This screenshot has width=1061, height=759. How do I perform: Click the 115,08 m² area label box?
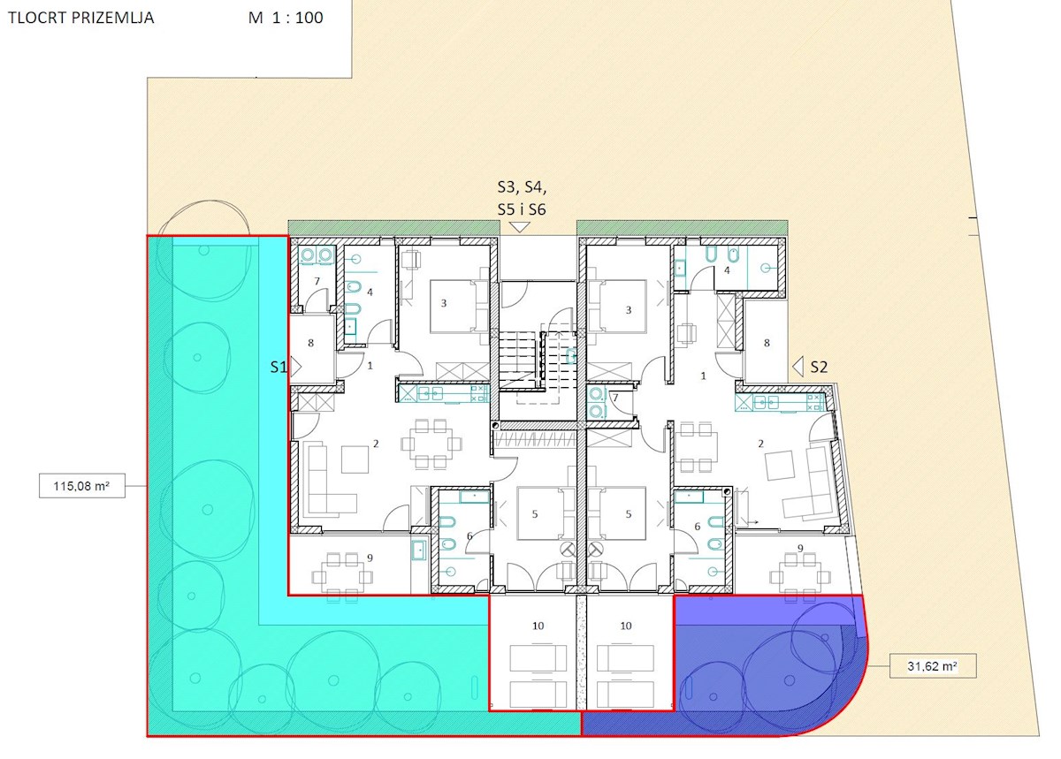(82, 486)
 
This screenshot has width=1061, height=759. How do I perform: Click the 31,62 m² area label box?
(933, 665)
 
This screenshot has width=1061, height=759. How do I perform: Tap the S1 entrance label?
(279, 367)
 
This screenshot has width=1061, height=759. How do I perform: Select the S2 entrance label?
(819, 367)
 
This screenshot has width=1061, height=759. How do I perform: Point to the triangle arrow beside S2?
(798, 367)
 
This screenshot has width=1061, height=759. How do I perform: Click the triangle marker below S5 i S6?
(519, 227)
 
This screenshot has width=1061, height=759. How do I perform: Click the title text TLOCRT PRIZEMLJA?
(81, 18)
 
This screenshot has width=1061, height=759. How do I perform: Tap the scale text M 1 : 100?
(286, 18)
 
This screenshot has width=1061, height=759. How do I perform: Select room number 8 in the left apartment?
(310, 343)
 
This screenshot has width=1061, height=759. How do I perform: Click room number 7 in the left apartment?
(317, 281)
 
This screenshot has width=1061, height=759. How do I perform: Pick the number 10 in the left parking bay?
(538, 626)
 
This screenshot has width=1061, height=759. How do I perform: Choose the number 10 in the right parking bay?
(626, 626)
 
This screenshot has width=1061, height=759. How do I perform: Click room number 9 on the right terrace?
(800, 548)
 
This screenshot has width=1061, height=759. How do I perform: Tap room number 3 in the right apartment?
(629, 310)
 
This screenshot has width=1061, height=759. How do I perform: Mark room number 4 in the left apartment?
(370, 292)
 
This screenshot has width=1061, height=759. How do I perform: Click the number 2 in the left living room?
(376, 444)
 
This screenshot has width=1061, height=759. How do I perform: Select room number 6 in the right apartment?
(697, 526)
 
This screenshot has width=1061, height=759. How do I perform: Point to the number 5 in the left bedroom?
(535, 513)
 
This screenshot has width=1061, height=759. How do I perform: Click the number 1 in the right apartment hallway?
(704, 376)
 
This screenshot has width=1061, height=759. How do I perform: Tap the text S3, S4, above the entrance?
(522, 187)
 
